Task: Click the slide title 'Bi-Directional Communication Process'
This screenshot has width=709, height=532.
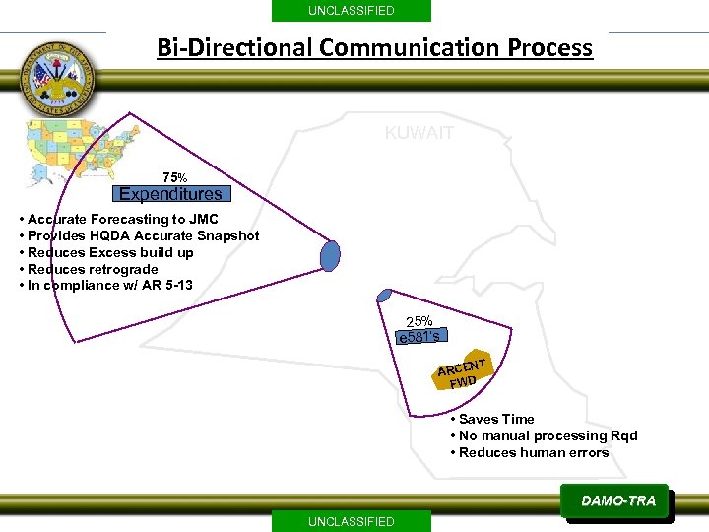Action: (375, 47)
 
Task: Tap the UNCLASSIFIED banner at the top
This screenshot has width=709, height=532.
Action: (351, 11)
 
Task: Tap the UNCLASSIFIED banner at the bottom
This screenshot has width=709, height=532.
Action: (351, 521)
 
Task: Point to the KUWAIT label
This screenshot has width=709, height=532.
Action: (419, 133)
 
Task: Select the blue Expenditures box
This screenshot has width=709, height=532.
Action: (170, 194)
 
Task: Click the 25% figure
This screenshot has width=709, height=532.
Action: (419, 321)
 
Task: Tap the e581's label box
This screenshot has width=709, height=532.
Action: (420, 337)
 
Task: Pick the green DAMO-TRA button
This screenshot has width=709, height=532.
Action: (617, 501)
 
